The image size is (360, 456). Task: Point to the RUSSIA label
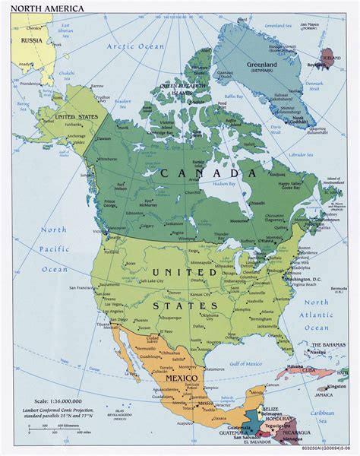pyautogui.click(x=30, y=40)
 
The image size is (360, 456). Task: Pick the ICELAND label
pyautogui.click(x=332, y=56)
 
